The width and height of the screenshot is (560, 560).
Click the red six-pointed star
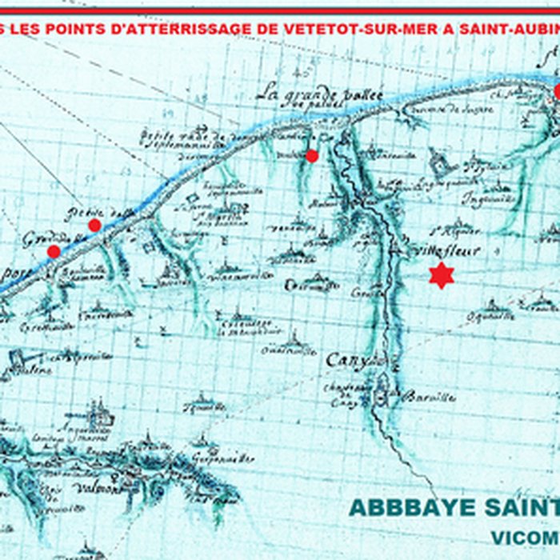[x=441, y=274]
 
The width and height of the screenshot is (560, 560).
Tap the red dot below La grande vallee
[x=312, y=155]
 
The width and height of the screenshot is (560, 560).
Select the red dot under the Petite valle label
[x=94, y=225]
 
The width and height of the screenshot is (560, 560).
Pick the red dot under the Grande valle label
[x=54, y=251]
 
